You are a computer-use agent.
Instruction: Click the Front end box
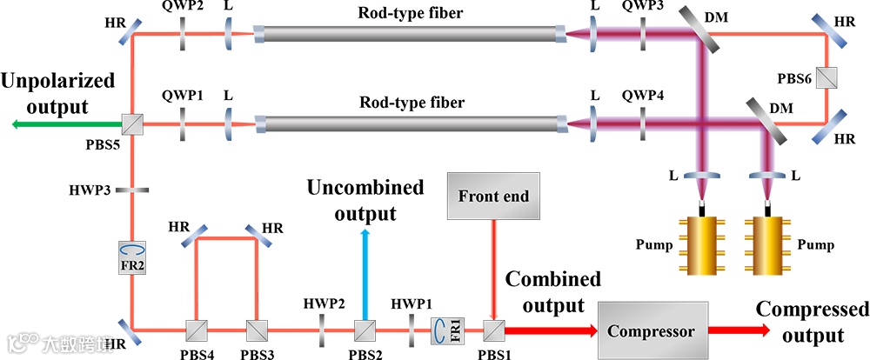click(493, 197)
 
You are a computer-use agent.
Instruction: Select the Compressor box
click(651, 330)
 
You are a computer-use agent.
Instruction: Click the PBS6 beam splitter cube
click(826, 80)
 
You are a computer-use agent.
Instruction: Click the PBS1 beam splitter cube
click(494, 330)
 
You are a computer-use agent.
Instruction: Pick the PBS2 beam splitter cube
click(365, 330)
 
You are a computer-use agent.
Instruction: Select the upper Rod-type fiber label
click(412, 13)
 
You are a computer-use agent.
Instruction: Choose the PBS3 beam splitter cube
click(256, 330)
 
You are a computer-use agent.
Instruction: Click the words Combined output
click(553, 293)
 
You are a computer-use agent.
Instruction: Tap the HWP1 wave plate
click(411, 330)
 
